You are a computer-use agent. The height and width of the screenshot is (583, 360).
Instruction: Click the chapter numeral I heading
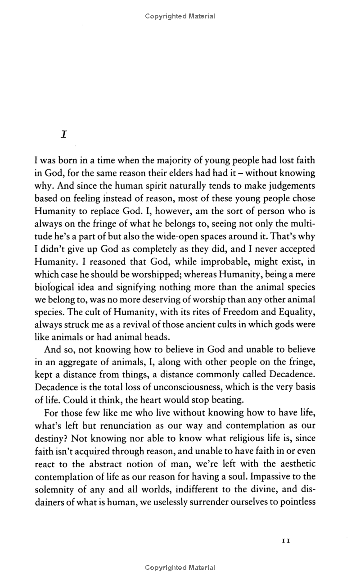64,135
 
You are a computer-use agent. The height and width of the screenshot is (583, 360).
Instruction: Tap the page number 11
285,541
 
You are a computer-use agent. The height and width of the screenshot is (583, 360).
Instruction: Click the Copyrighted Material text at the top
180,16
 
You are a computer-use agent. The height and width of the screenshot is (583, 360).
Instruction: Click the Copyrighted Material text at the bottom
180,568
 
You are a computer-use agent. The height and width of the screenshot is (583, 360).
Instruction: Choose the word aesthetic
293,463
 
